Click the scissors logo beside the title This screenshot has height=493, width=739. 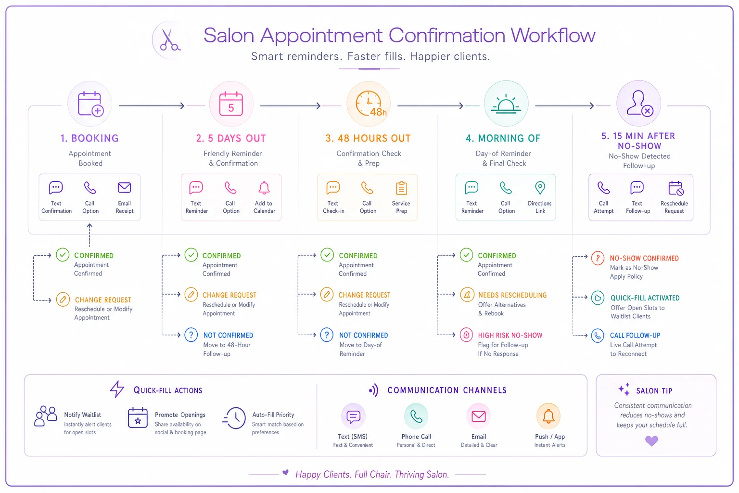[170, 40]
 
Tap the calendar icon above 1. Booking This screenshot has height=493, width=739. [90, 104]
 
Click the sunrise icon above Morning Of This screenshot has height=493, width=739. [506, 104]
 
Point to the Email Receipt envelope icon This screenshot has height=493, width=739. [125, 188]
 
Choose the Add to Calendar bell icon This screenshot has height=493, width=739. [264, 188]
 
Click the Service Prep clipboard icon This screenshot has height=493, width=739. [401, 188]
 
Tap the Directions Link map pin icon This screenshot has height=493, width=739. [540, 188]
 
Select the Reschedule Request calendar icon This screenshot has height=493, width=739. [675, 188]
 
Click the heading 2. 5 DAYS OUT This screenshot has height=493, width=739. [231, 138]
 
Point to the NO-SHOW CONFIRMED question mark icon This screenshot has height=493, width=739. [598, 258]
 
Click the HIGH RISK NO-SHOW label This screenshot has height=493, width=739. [510, 335]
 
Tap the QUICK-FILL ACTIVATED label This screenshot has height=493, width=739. [645, 298]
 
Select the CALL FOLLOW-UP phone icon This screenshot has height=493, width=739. [598, 336]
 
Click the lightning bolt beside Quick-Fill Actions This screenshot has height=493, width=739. [117, 389]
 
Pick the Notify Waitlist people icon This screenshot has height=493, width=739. [46, 416]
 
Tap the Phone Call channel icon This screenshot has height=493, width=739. [416, 416]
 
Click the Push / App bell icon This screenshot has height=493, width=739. [548, 416]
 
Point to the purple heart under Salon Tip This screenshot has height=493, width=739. [651, 441]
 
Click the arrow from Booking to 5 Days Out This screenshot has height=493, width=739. [152, 105]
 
